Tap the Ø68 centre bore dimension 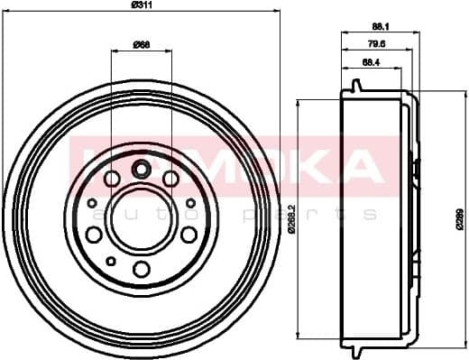point(141,44)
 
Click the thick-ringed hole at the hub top point(141,168)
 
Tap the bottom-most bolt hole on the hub point(141,268)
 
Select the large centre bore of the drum point(141,218)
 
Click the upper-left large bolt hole point(112,179)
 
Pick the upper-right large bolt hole point(170,179)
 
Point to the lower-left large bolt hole point(94,235)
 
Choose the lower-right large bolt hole point(189,235)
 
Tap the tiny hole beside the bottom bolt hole point(110,260)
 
